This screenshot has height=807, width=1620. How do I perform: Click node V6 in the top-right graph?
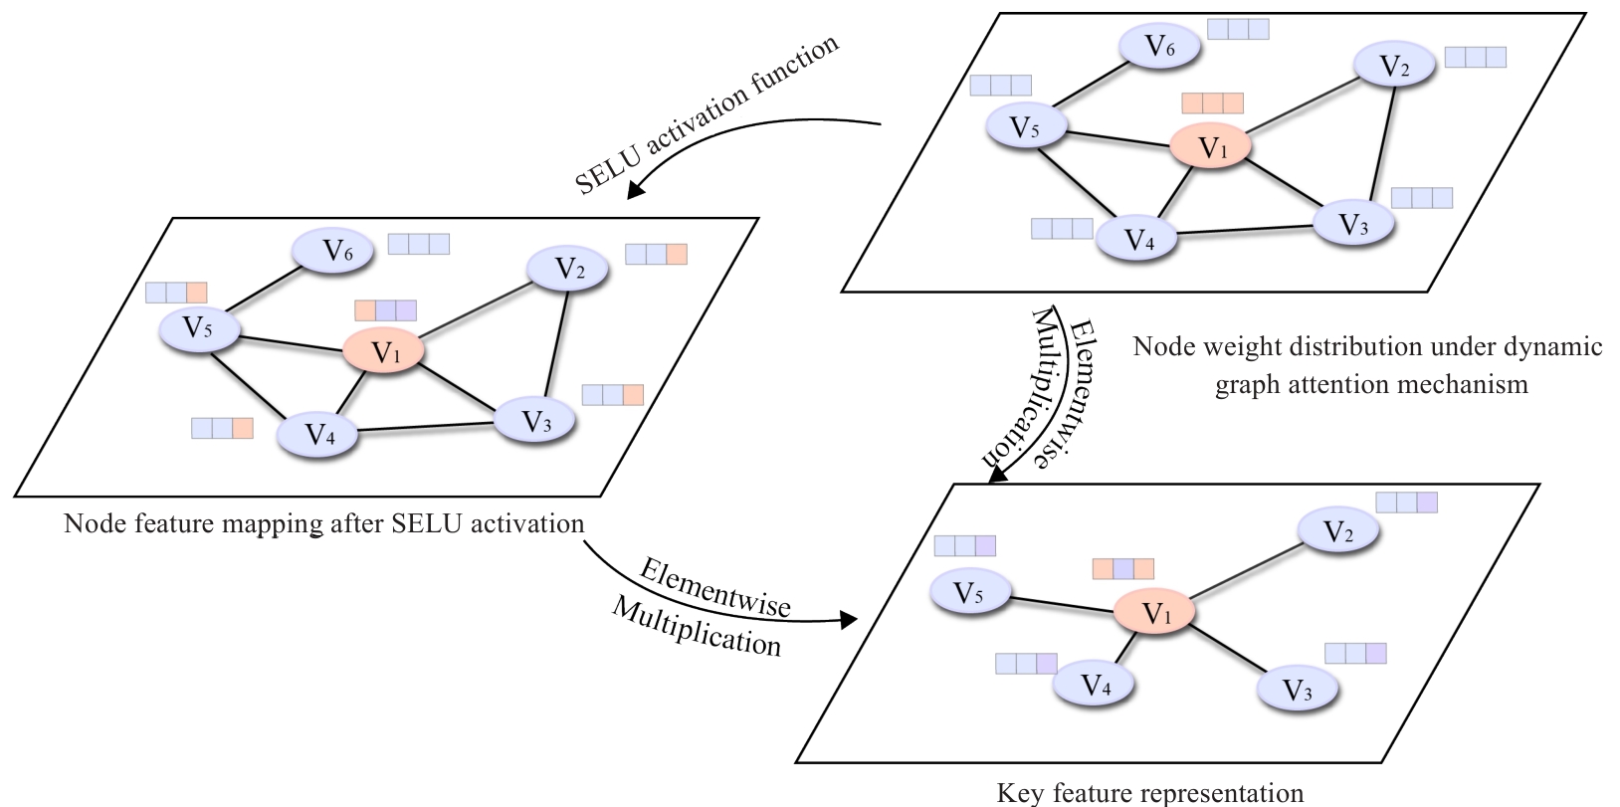(x=1159, y=46)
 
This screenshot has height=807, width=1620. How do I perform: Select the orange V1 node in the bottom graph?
(x=1154, y=614)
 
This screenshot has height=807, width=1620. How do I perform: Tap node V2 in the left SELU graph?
(x=568, y=269)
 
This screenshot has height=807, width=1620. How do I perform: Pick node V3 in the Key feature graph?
(x=1297, y=690)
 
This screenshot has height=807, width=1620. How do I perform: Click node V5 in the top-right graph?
(x=1025, y=127)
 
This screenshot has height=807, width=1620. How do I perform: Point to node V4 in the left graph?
(x=318, y=435)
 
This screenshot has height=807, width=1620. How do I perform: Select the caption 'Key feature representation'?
(x=1149, y=792)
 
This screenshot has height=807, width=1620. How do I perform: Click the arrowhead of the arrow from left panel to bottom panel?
(x=848, y=620)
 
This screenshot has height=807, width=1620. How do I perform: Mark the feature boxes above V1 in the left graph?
(x=385, y=310)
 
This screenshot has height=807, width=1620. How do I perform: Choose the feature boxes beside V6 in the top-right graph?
(x=1238, y=29)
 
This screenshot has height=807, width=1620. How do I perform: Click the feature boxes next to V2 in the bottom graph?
(x=1406, y=503)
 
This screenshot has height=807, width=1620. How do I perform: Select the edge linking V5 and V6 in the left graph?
(x=261, y=288)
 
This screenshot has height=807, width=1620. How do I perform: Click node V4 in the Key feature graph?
(x=1095, y=686)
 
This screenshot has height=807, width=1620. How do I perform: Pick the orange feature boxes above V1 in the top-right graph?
(x=1212, y=103)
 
